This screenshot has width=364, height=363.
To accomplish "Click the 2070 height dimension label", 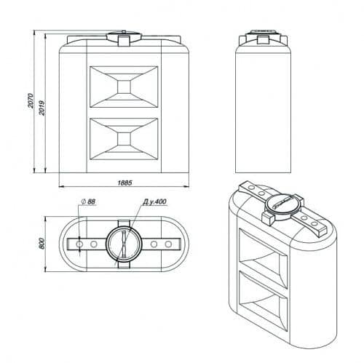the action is point(31,100).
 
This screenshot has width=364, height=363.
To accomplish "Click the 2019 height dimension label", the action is point(42,108).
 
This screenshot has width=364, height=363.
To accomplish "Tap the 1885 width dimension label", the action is point(125,183).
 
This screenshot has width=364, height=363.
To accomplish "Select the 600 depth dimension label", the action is point(41,244).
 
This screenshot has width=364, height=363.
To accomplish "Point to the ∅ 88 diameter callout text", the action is point(88,202).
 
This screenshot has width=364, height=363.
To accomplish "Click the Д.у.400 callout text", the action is point(154,202).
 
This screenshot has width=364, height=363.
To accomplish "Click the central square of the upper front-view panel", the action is point(124,87).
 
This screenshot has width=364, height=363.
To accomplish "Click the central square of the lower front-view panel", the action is point(124,139).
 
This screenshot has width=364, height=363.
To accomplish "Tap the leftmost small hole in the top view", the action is point(79,244).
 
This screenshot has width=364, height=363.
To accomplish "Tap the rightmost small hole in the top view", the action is point(168,244).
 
